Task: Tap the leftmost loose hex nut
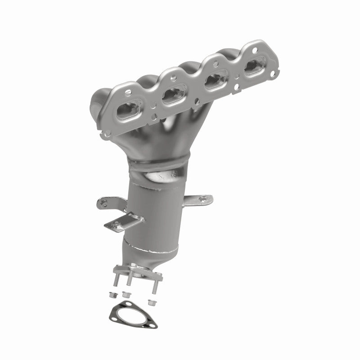click(x=112, y=296)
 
